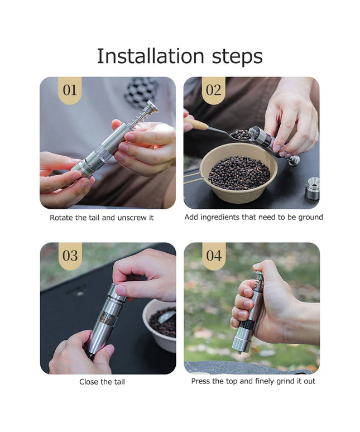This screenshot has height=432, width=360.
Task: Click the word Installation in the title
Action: [x=150, y=56]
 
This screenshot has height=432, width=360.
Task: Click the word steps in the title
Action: [x=237, y=57]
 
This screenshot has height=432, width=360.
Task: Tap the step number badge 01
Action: [x=70, y=90]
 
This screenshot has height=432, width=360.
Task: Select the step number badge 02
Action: [x=213, y=90]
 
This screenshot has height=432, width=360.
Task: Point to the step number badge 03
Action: [x=70, y=256]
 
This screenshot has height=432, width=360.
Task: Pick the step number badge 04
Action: [x=214, y=256]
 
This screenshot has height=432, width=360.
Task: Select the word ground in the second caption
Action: [x=311, y=218]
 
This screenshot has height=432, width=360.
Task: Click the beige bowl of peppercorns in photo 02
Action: [x=238, y=173]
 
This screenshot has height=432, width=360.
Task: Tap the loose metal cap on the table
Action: [x=313, y=189]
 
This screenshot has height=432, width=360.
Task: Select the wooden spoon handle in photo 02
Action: [x=196, y=123]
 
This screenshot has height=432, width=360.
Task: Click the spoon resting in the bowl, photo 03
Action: [x=167, y=316]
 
